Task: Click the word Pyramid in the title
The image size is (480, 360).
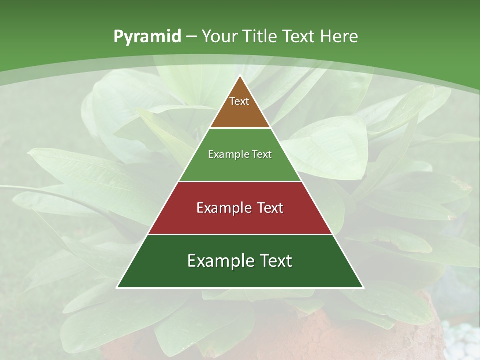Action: pyautogui.click(x=147, y=37)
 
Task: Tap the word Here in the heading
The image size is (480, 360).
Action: pyautogui.click(x=339, y=37)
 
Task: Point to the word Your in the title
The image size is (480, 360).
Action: pyautogui.click(x=219, y=37)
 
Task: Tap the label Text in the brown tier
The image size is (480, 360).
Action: pyautogui.click(x=239, y=101)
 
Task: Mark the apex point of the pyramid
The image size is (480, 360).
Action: pyautogui.click(x=240, y=76)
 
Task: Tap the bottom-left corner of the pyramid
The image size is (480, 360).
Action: pyautogui.click(x=117, y=287)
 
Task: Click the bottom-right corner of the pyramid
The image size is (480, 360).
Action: pyautogui.click(x=363, y=287)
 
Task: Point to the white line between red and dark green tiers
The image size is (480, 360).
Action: pyautogui.click(x=240, y=234)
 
